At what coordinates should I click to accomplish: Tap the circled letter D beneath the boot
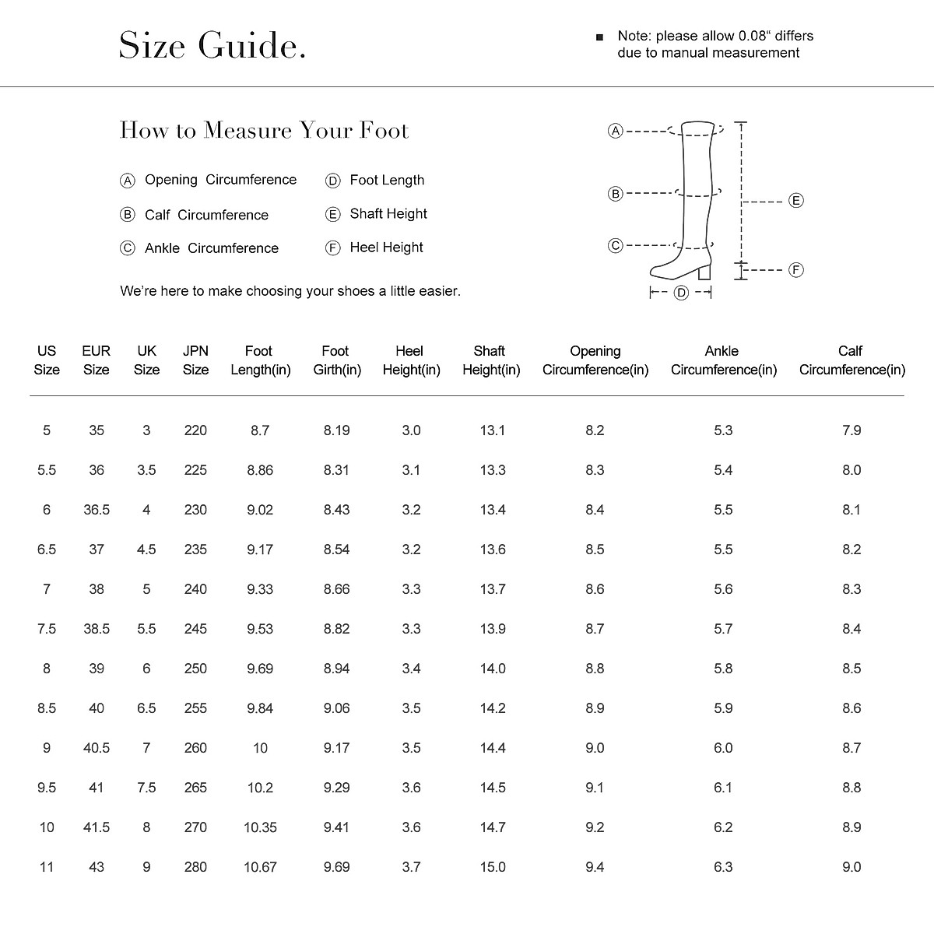pos(681,293)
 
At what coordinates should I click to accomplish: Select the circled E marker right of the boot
pos(795,201)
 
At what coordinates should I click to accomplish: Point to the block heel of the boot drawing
pos(705,272)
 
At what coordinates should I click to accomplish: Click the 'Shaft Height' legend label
pos(388,214)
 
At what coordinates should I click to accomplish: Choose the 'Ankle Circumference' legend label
pos(211,248)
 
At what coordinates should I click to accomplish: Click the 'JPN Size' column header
pos(195,360)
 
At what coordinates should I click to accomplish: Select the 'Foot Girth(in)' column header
pos(337,360)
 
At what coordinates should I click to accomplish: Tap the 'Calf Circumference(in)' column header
pos(851,360)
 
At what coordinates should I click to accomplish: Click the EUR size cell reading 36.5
pos(97,510)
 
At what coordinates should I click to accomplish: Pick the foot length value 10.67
pos(260,867)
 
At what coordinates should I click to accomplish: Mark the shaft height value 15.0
pos(493,867)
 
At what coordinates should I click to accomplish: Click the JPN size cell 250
pos(195,669)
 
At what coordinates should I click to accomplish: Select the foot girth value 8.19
pos(337,430)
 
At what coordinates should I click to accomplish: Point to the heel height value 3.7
pos(411,867)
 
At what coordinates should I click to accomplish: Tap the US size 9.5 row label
pos(47,788)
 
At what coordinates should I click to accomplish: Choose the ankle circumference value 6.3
pos(723,867)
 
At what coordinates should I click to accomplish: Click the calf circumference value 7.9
pos(851,430)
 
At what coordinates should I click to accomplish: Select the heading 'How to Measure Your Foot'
pos(264,130)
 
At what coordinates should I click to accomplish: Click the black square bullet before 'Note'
pos(599,37)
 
